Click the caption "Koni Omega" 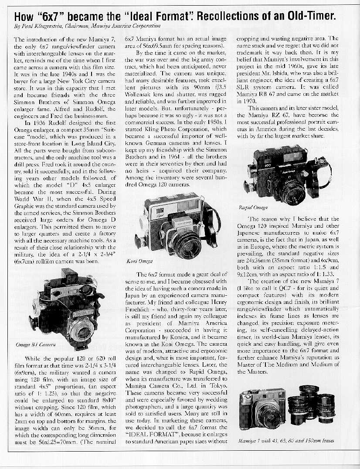pyautogui.click(x=146, y=262)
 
